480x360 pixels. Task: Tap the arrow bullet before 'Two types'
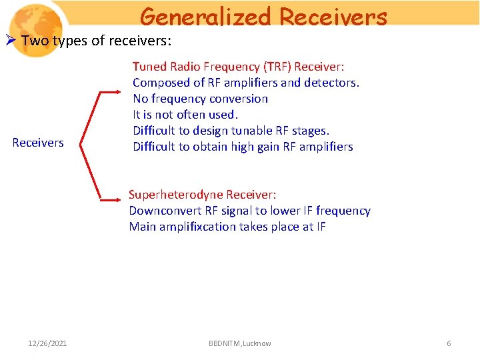pyautogui.click(x=11, y=41)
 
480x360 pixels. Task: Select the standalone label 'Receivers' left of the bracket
pyautogui.click(x=38, y=142)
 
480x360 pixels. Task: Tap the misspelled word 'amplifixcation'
pyautogui.click(x=199, y=227)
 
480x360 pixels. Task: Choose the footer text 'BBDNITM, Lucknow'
pyautogui.click(x=239, y=343)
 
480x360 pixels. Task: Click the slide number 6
pyautogui.click(x=449, y=343)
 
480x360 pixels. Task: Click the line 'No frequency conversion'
pyautogui.click(x=200, y=99)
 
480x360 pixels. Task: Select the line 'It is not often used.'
pyautogui.click(x=185, y=115)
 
